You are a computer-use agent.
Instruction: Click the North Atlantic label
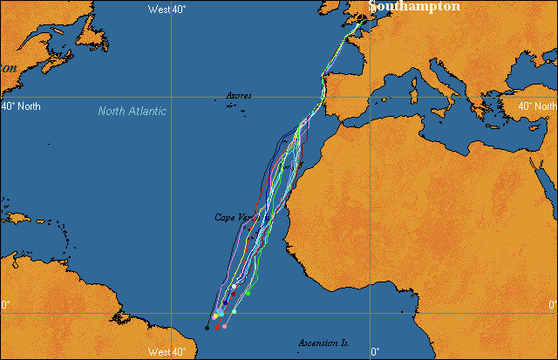tap(132, 112)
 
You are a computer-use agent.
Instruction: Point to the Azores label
tap(238, 96)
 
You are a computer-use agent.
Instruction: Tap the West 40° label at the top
tap(167, 9)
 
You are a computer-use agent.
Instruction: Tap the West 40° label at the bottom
tap(167, 352)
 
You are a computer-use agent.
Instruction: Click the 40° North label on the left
tap(20, 106)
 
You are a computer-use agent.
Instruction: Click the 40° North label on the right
tap(538, 106)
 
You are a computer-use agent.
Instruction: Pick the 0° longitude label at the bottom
tap(376, 352)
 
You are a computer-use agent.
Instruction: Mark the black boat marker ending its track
tap(207, 328)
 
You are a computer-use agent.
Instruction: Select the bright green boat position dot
tap(248, 294)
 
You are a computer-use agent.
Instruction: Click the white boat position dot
tap(235, 286)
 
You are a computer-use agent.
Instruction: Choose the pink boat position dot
tap(225, 327)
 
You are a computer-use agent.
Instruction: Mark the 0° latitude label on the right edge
tap(552, 305)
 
